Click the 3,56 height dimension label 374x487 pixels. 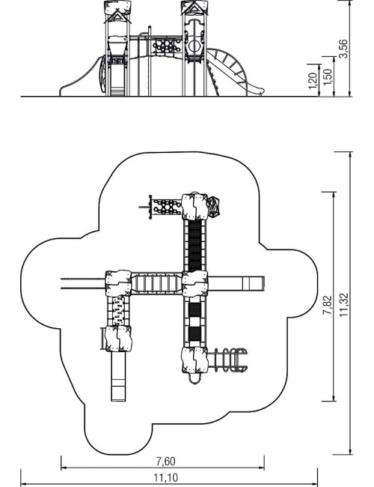tap(343, 48)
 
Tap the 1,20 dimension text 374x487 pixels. tap(313, 80)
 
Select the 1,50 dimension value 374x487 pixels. tap(328, 77)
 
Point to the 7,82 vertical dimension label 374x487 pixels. tap(328, 305)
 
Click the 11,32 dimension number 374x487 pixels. tap(344, 305)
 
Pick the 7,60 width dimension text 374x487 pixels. tap(165, 462)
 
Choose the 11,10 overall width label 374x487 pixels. tap(166, 478)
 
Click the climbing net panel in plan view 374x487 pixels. tap(167, 207)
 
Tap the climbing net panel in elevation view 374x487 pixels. tap(167, 46)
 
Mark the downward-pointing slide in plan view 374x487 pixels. tap(118, 376)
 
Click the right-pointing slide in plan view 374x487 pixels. tap(236, 283)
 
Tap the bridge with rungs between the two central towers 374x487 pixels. tap(156, 283)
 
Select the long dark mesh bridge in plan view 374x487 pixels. tap(195, 246)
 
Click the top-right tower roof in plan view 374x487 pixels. tap(194, 207)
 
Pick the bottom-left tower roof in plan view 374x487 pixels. tap(118, 338)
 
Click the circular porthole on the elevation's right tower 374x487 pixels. tap(194, 46)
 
